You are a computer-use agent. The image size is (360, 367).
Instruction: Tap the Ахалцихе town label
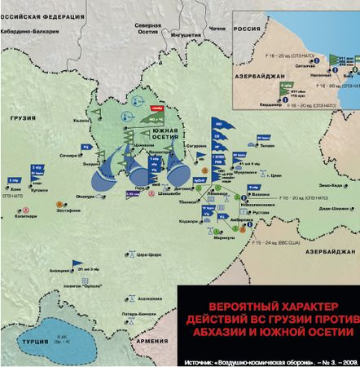point(58,271)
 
